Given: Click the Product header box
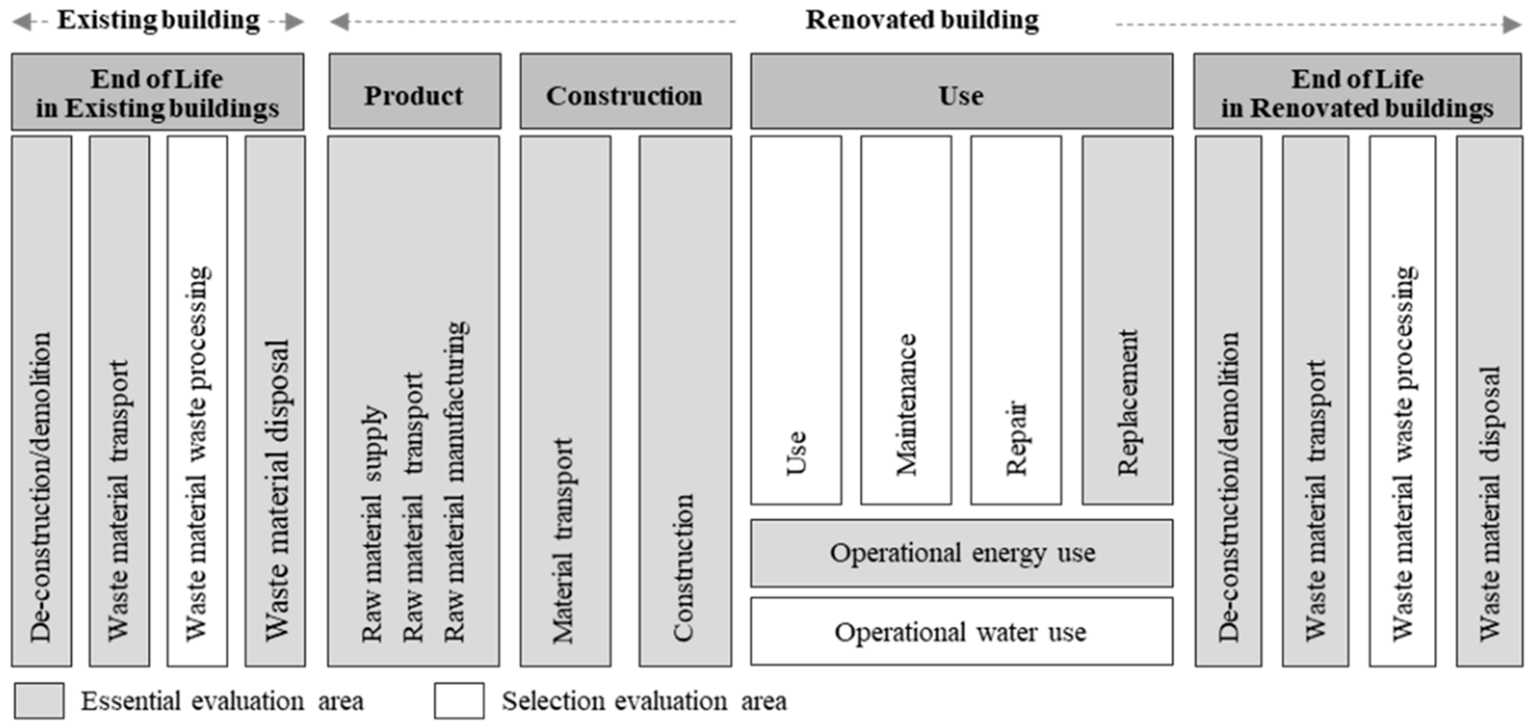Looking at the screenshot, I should [x=414, y=92].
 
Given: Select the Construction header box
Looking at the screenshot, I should [x=625, y=92].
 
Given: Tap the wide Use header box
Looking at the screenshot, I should [x=961, y=92].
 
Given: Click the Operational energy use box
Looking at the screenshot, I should [x=961, y=553].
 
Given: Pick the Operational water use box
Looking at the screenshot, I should [x=961, y=632].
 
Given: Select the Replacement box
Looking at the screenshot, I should [x=1127, y=321].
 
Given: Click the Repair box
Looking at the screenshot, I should [x=1016, y=321].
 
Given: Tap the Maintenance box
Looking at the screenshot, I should [x=906, y=321].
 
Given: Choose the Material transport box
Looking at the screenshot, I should [x=565, y=401].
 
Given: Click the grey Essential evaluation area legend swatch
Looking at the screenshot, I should [x=39, y=701].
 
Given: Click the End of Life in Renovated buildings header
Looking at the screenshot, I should [x=1357, y=92].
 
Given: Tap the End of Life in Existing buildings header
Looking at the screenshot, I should [x=157, y=92].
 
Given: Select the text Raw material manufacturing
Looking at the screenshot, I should [x=455, y=481].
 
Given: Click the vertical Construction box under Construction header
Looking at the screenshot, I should [x=685, y=401].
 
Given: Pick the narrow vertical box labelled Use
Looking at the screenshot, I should [x=796, y=321].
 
